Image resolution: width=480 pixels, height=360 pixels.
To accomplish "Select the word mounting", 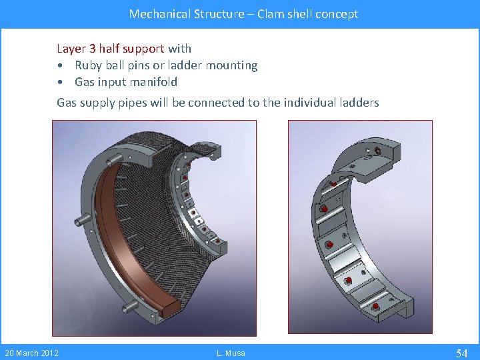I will pos(233,65).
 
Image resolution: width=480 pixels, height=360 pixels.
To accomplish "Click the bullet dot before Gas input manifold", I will pos(61,83).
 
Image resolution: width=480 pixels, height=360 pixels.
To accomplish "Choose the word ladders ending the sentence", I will pos(359,103).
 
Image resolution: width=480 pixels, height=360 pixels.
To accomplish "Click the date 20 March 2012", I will pos(31,353).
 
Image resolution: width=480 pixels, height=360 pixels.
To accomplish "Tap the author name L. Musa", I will pos(231,353).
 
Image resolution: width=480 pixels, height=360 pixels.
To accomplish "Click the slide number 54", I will pos(461,353).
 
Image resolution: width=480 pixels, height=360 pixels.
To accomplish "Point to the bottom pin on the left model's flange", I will pos(131,305).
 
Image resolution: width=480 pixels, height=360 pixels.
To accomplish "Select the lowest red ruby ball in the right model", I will pos(375,307).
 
